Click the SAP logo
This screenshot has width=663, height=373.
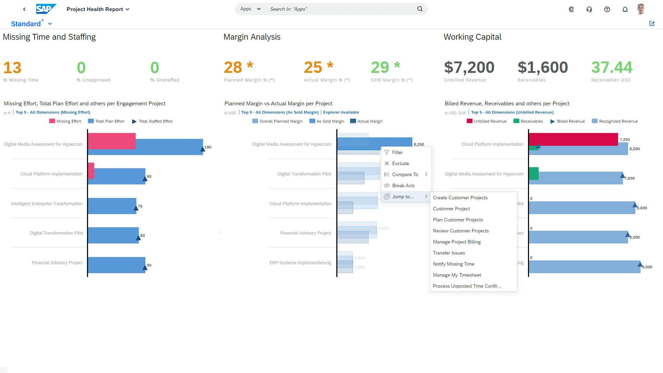46,9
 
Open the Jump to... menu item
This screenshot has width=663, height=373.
403,197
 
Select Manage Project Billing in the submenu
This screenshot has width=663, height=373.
457,242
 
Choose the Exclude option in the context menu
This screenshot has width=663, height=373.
400,163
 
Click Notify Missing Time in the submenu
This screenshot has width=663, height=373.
453,264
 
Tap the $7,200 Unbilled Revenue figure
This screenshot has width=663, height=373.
469,67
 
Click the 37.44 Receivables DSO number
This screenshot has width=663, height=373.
612,67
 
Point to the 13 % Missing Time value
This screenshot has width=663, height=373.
12,68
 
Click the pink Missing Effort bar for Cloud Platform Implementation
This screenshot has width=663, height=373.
91,171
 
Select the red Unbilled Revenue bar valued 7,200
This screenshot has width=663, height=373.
573,139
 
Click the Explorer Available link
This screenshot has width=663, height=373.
340,112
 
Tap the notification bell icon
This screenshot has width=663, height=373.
625,9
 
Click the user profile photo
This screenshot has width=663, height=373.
641,9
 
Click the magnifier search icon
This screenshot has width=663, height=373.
420,9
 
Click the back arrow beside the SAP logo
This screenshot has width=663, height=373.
24,9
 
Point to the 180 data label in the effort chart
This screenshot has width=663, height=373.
208,147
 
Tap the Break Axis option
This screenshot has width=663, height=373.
403,185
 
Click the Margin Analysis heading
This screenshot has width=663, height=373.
252,37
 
